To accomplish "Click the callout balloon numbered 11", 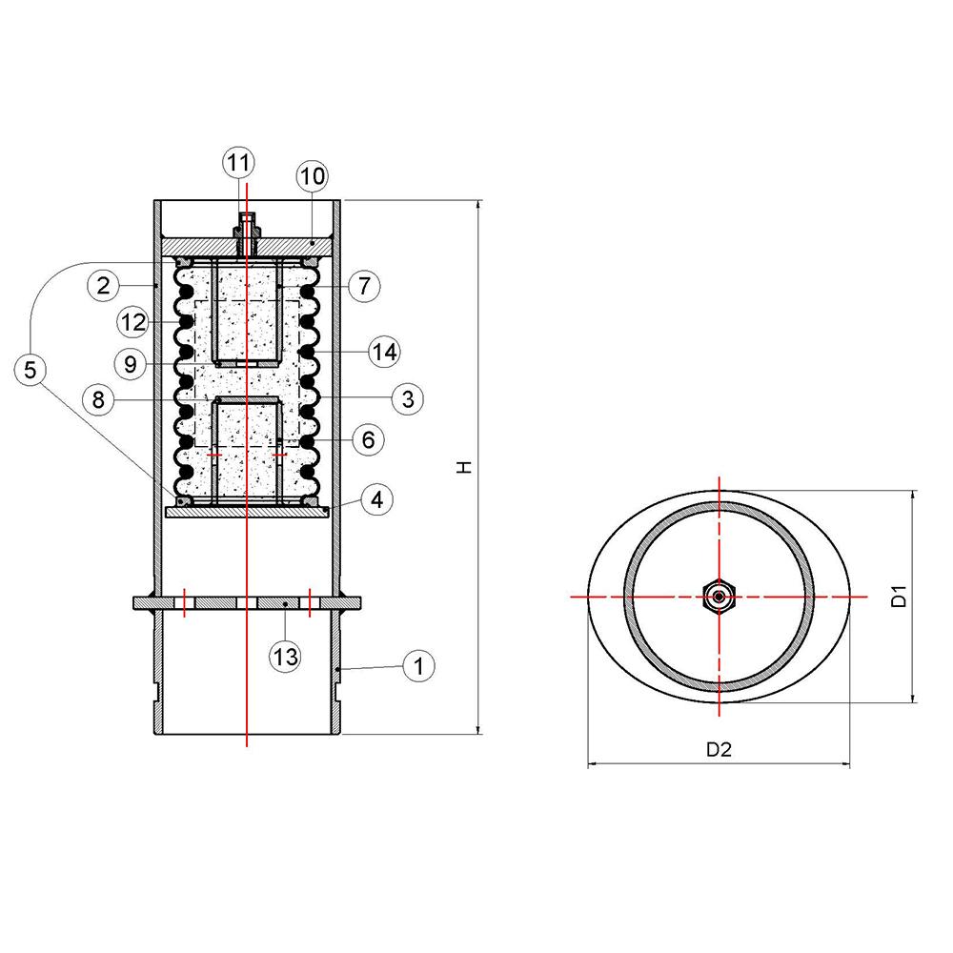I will point(239,162).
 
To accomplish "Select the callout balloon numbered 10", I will point(312,176).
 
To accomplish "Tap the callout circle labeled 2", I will point(103,284).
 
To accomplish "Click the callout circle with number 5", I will point(31,370).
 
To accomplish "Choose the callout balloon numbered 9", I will point(131,362).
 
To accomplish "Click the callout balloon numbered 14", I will point(383,352).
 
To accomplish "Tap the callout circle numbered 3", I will point(407,398).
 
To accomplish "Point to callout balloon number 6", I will point(368,439).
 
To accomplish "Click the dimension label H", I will point(463,467).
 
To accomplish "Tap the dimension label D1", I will point(897,598).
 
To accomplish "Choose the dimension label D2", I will point(718,749).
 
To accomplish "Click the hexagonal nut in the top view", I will point(718,598).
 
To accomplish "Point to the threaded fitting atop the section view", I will point(247,230).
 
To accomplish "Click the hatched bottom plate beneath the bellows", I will point(248,512).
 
